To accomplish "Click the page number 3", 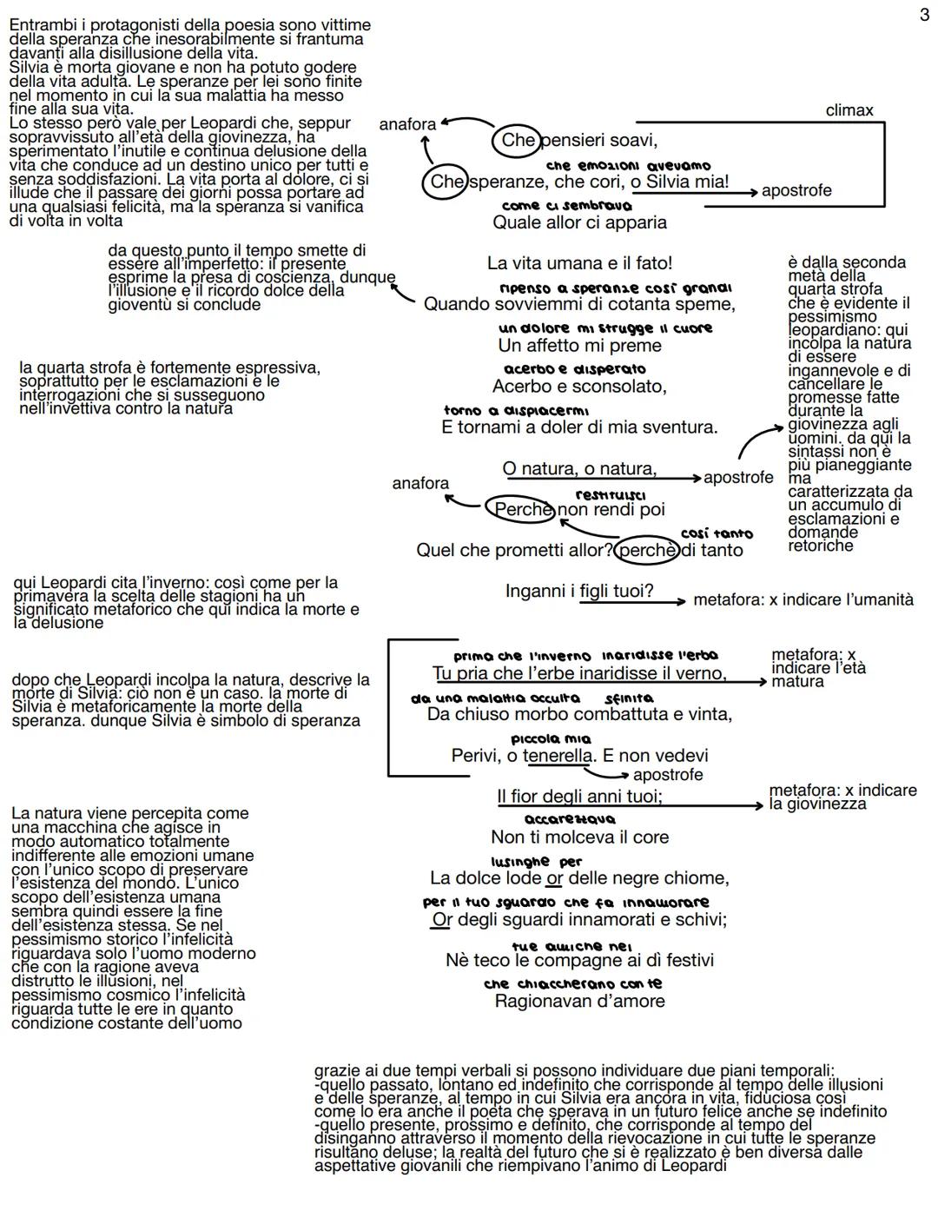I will point(924,16).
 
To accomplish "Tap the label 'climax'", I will point(849,110).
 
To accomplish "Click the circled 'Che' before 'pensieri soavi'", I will point(519,141).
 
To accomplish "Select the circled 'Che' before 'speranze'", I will point(447,182).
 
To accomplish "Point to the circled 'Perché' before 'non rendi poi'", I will point(519,510).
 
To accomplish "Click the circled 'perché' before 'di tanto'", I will point(646,551).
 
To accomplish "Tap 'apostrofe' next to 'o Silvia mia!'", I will point(796,190).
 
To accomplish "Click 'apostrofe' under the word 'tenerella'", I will point(668,774).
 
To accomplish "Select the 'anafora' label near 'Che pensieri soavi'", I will point(407,124).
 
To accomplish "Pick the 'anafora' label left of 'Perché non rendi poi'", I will point(420,483).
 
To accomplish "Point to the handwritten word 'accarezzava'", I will point(570,819).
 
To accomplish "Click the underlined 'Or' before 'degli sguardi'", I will point(442,919).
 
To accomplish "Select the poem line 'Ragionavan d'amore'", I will point(579,1001).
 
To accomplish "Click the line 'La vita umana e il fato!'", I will point(579,263).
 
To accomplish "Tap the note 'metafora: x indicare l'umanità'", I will point(803,599).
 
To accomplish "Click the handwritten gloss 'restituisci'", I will point(610,494).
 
